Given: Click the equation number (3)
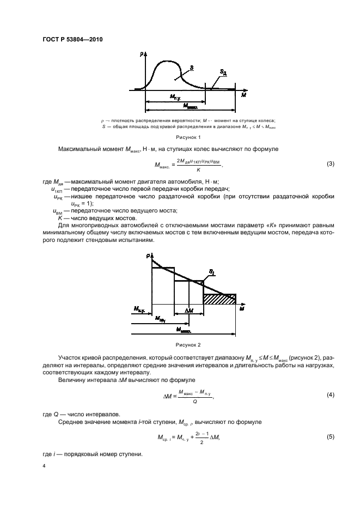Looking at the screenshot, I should point(330,164).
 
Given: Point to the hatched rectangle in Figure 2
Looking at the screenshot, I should point(219,299).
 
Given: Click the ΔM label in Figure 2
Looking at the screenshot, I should point(188,311).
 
